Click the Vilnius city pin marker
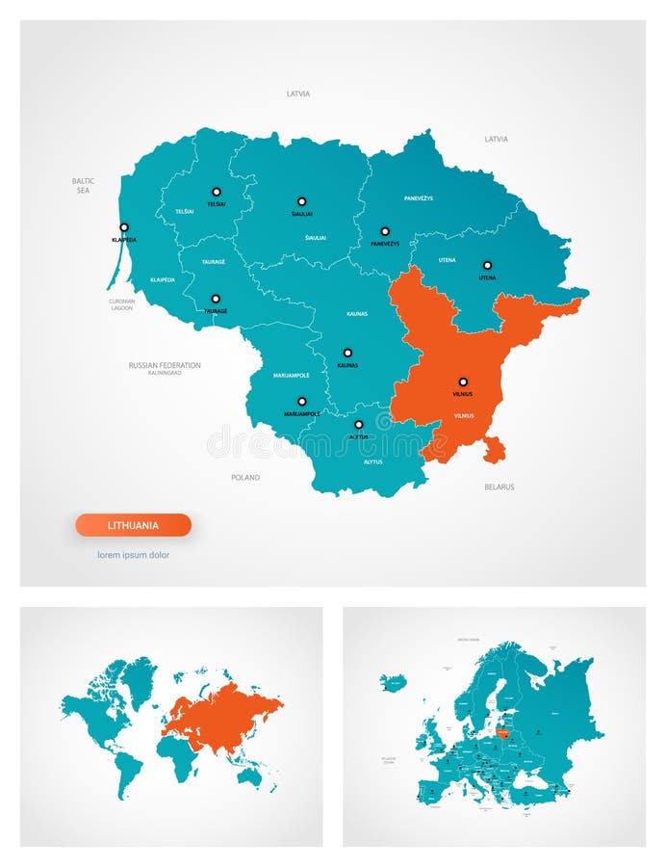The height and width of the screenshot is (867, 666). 463,381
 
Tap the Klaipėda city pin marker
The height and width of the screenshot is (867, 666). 123,227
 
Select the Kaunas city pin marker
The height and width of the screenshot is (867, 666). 347,353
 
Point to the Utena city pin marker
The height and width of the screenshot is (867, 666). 487,265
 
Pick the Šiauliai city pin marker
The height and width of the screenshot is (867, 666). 301,201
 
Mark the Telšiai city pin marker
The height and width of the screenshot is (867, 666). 217,192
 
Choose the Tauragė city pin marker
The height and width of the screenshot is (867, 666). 216,299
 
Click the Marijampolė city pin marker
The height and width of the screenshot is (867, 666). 301,401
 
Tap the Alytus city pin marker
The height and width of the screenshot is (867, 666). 359,424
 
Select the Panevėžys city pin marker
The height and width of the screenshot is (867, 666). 385,231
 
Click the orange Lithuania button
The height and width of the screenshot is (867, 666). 133,525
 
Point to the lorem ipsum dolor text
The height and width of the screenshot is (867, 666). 133,555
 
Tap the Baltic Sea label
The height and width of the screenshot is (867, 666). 83,185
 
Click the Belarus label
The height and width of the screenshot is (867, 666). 499,487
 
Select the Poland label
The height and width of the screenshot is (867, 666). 245,477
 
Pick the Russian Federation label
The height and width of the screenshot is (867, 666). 165,366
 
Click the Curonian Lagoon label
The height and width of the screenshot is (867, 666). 121,304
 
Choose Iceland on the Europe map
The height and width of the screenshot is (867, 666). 393,683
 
